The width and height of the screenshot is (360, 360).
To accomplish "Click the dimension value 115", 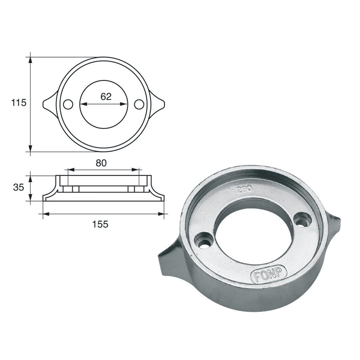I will (x=19, y=103).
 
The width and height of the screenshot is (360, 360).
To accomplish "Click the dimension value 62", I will (x=106, y=96).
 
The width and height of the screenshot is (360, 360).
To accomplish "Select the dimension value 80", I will (x=101, y=163).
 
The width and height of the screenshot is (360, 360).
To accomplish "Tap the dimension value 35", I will (x=18, y=188).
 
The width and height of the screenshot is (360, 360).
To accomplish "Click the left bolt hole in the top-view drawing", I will (x=68, y=104).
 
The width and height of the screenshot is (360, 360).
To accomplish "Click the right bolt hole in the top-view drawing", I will (x=139, y=104).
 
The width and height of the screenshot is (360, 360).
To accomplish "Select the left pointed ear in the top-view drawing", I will (x=49, y=104).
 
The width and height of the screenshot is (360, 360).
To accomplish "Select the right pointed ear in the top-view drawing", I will (x=158, y=104).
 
